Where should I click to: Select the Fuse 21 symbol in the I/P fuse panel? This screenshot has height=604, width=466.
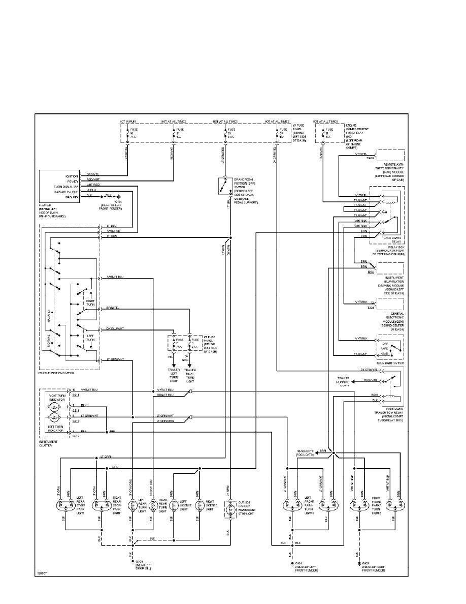174,134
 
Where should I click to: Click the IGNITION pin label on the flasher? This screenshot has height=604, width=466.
72,176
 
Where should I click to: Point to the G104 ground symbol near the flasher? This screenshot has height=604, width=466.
119,196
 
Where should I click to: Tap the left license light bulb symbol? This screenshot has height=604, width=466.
174,505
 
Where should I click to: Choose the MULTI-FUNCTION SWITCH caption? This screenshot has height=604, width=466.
56,373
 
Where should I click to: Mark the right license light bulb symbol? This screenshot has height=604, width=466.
197,505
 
